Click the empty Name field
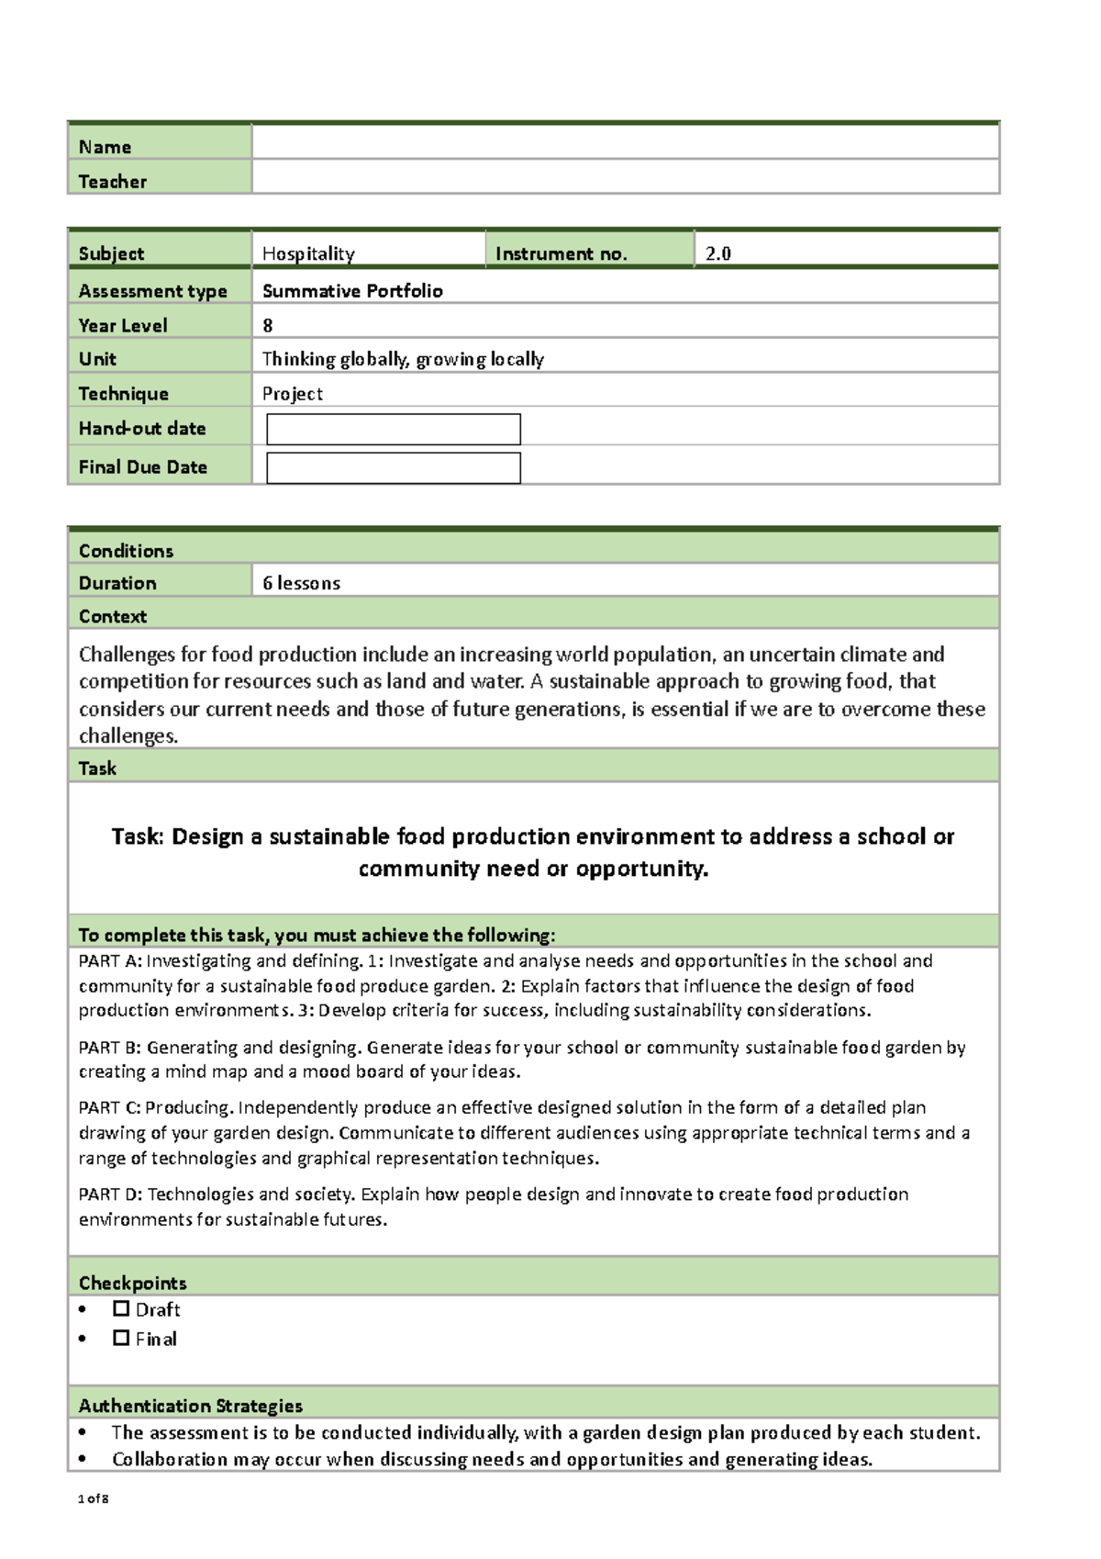(x=625, y=142)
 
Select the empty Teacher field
(x=625, y=176)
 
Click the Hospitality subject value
(x=308, y=253)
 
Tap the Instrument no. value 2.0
(x=717, y=253)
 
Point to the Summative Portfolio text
(x=352, y=291)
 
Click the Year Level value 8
(x=268, y=325)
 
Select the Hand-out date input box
(x=393, y=429)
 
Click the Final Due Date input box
(x=393, y=467)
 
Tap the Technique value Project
(x=292, y=394)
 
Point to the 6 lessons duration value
(x=301, y=583)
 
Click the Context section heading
(x=113, y=616)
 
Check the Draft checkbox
(x=121, y=1308)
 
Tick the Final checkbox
(x=121, y=1338)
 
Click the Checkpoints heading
(x=132, y=1283)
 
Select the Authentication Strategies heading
(x=190, y=1406)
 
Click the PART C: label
(x=109, y=1107)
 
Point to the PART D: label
(x=110, y=1194)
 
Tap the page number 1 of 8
(x=94, y=1498)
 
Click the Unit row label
(x=97, y=359)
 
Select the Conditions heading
(x=126, y=551)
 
